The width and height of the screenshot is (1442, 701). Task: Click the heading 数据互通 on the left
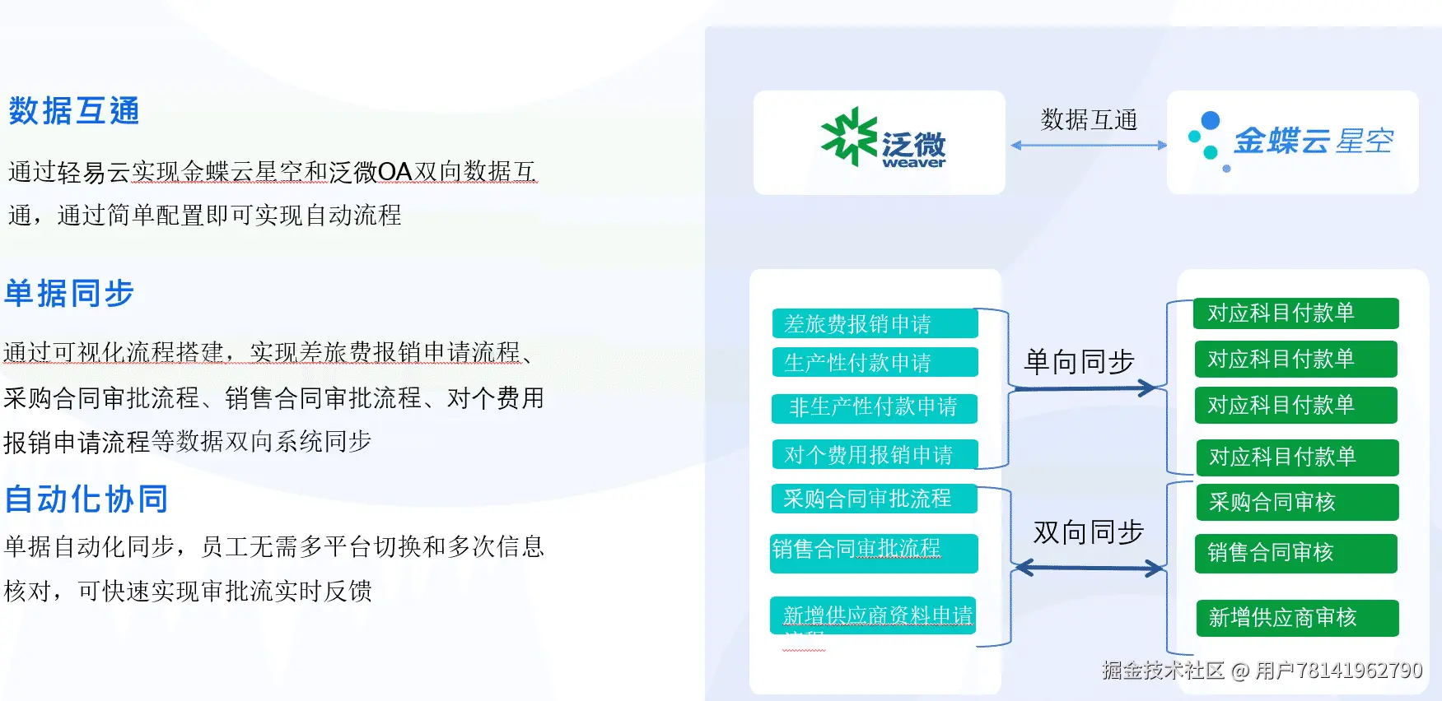[x=74, y=111]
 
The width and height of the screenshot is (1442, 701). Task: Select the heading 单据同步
[x=69, y=294]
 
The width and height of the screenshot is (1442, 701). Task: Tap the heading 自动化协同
[x=86, y=499]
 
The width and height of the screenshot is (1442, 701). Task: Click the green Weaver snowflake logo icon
[x=848, y=137]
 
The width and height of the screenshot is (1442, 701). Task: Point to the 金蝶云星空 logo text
[x=1313, y=142]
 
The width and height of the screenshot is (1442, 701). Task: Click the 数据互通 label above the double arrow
[x=1088, y=120]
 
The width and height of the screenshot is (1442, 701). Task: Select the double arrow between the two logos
[x=1088, y=146]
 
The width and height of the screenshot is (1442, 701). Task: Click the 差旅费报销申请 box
[x=875, y=323]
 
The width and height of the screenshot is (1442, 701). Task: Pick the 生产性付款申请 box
[x=875, y=362]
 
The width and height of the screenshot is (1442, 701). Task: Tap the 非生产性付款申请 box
[x=874, y=408]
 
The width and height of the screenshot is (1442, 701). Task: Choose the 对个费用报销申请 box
[x=874, y=454]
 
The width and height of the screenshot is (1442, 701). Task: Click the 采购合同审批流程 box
[x=874, y=499]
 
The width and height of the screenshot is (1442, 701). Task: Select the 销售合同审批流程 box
[x=874, y=552]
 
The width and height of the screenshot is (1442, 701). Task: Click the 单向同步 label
[x=1079, y=362]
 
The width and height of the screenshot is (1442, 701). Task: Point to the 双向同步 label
[x=1088, y=532]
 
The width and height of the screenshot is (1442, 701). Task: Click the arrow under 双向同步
[x=1088, y=568]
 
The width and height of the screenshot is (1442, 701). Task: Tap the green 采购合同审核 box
[x=1296, y=502]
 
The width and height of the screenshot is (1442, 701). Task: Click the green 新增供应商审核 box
[x=1296, y=618]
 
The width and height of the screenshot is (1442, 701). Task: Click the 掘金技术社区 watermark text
[x=1163, y=671]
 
